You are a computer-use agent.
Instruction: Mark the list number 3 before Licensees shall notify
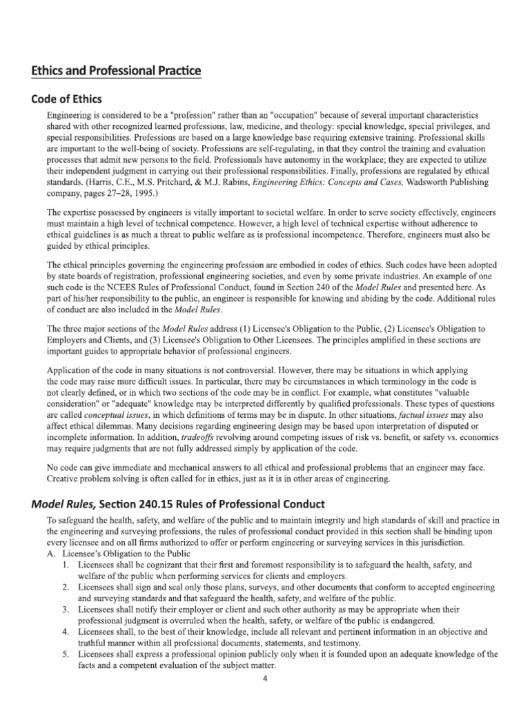coord(64,610)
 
